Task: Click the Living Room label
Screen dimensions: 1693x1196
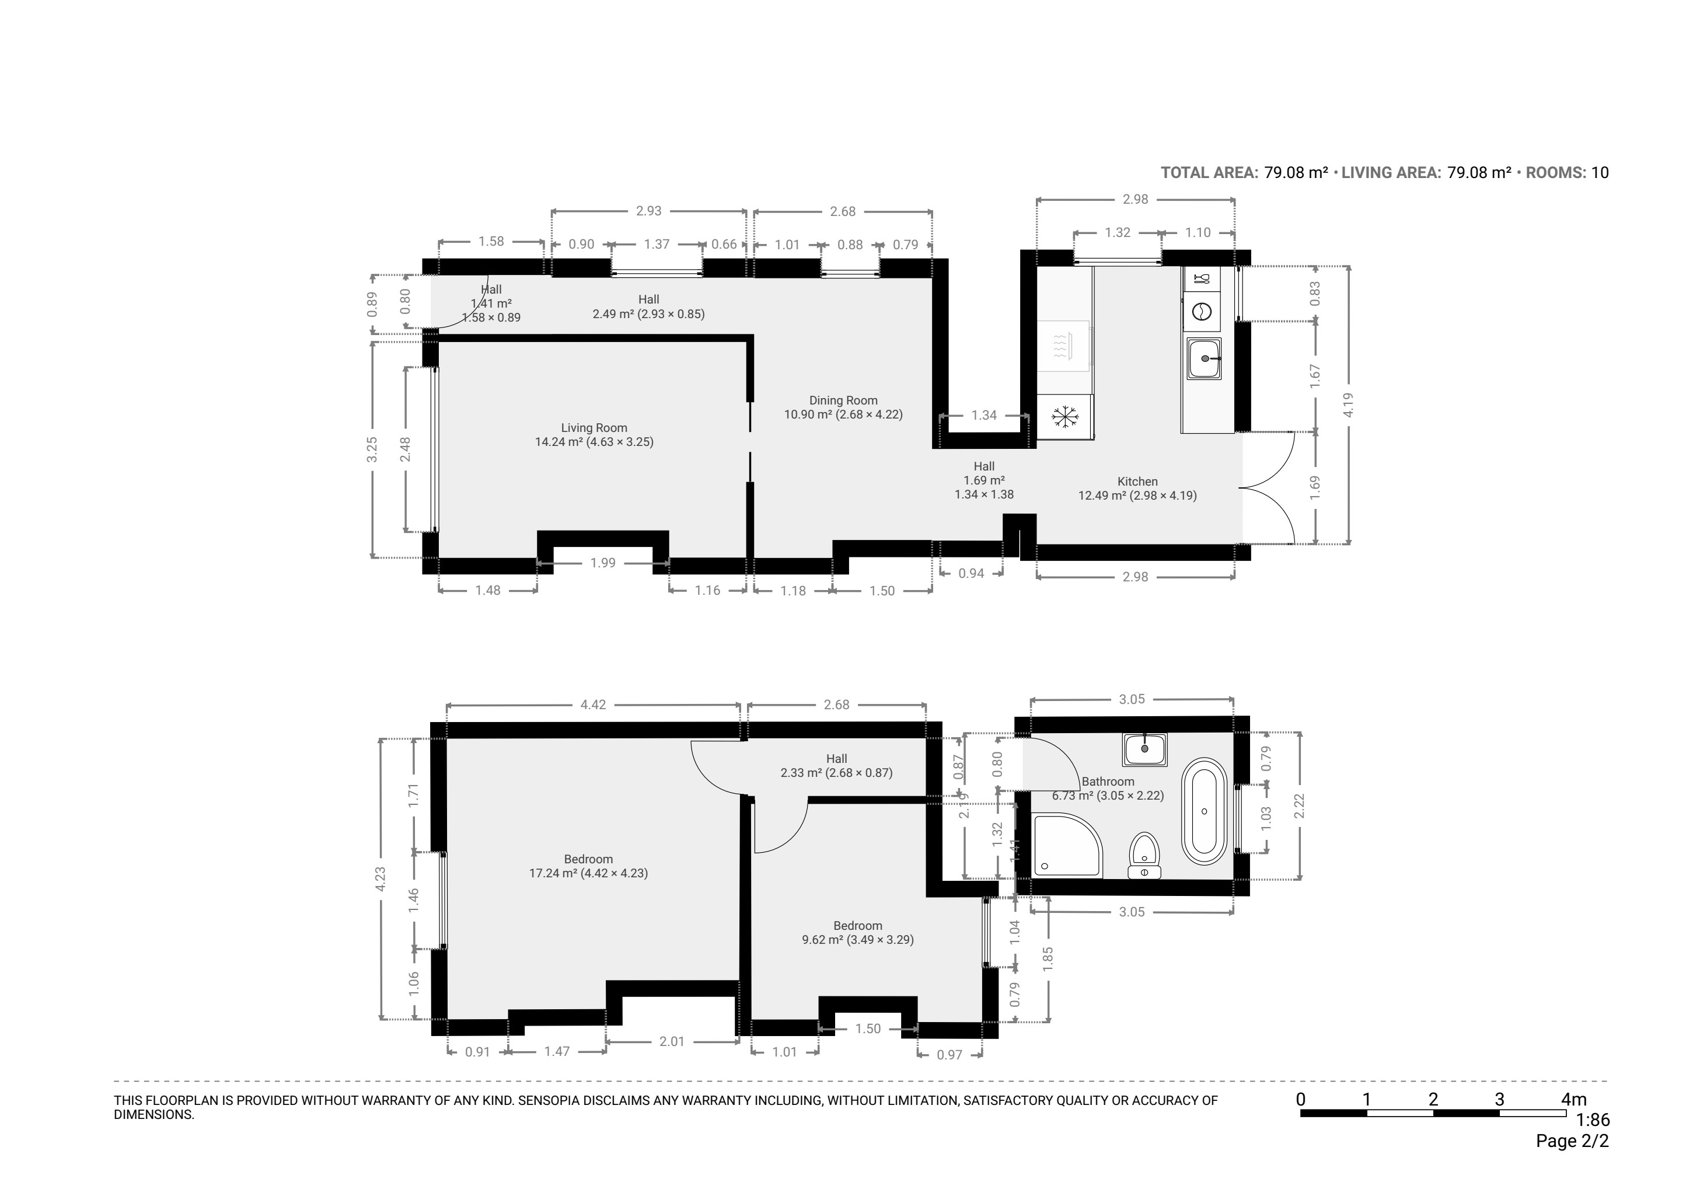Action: point(594,428)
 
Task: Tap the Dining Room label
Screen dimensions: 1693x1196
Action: point(843,400)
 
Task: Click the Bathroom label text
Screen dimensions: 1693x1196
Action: point(1108,782)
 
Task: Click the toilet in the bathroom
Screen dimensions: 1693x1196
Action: point(1144,856)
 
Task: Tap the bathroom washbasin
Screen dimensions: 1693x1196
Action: point(1144,749)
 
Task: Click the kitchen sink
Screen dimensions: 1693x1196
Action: point(1203,358)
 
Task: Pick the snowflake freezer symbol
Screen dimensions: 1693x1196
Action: point(1064,417)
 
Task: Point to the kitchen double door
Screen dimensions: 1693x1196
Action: point(1268,487)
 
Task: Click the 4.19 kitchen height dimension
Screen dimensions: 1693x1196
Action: point(1349,405)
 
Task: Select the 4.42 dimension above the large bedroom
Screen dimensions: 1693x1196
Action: point(593,705)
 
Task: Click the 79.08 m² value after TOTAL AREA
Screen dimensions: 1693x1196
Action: point(1296,173)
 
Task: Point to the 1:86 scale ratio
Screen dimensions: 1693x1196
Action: point(1593,1120)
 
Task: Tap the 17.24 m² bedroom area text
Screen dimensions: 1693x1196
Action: point(552,873)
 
